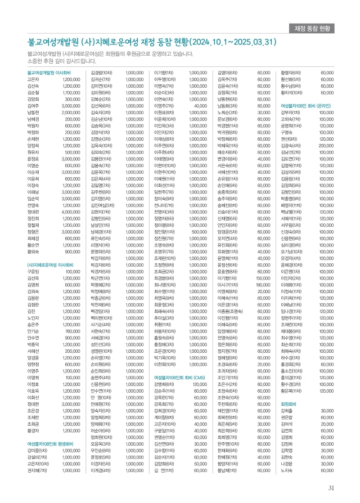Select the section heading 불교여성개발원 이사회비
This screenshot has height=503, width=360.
[x=49, y=73]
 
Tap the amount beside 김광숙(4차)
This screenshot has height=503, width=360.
[x=326, y=146]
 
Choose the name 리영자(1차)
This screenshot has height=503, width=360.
[x=101, y=245]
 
